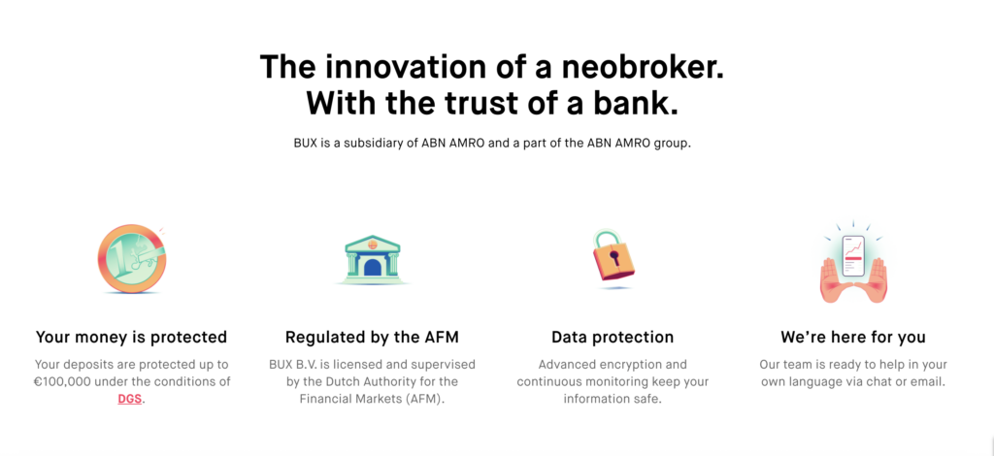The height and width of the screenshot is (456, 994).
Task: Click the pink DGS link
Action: (x=129, y=400)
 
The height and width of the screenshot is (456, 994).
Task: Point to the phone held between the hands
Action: (x=852, y=256)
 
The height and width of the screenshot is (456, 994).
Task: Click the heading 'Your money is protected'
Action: (x=131, y=337)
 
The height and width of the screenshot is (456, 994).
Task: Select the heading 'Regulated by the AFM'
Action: (x=372, y=337)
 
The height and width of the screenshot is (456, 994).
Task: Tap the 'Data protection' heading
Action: (x=613, y=337)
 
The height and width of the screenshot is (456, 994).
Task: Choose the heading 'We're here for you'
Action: (x=852, y=337)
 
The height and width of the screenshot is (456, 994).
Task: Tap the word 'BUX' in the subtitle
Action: (x=305, y=144)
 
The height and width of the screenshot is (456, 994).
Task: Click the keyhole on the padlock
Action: (x=613, y=257)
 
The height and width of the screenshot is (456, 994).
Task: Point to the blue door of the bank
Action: (x=373, y=267)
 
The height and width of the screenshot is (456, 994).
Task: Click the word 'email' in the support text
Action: (x=929, y=382)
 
